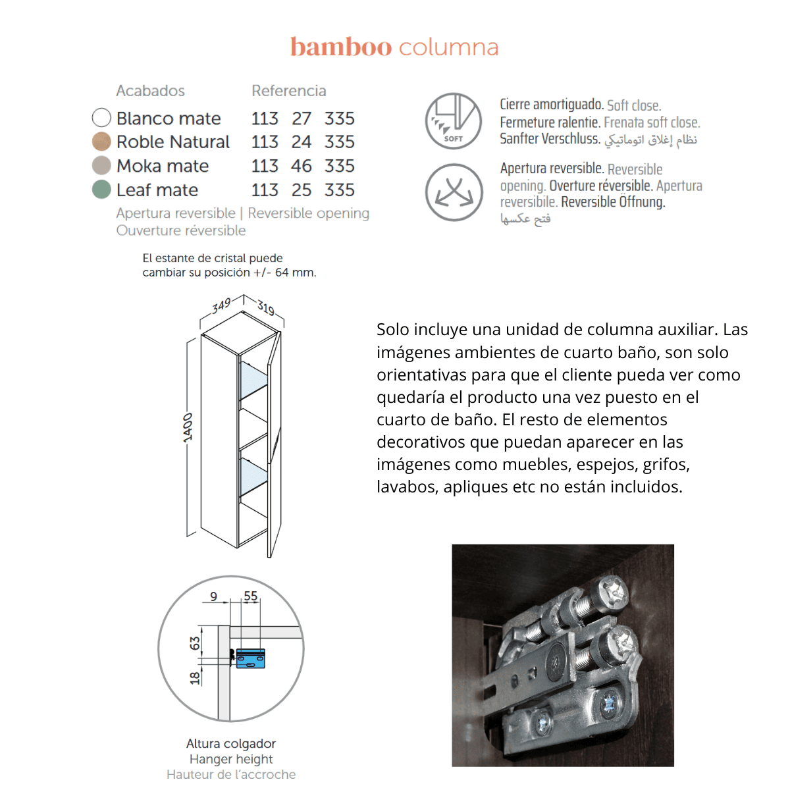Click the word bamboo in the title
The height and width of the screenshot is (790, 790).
[340, 47]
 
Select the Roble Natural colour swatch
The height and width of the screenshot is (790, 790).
[101, 142]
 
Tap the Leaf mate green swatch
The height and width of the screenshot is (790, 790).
[101, 190]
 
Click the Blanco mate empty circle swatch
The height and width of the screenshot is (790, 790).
[101, 118]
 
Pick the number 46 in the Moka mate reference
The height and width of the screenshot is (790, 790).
[301, 166]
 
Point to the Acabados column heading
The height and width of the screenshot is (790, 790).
[150, 91]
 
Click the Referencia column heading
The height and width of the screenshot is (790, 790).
[288, 91]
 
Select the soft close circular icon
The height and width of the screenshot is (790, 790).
[454, 121]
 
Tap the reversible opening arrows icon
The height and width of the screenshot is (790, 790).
[454, 192]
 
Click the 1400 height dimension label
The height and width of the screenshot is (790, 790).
[188, 427]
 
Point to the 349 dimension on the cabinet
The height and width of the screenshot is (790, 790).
[222, 305]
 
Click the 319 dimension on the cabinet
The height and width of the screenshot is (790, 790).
[266, 307]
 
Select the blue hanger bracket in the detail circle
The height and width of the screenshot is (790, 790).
[250, 658]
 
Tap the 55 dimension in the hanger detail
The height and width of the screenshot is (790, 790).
[251, 596]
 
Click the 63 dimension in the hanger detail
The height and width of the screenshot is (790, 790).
[195, 643]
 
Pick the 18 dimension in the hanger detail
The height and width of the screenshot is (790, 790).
[195, 677]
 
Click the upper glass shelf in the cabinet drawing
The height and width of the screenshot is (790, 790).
[254, 379]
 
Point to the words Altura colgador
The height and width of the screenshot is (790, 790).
[231, 743]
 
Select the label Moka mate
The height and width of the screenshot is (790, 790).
[163, 166]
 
